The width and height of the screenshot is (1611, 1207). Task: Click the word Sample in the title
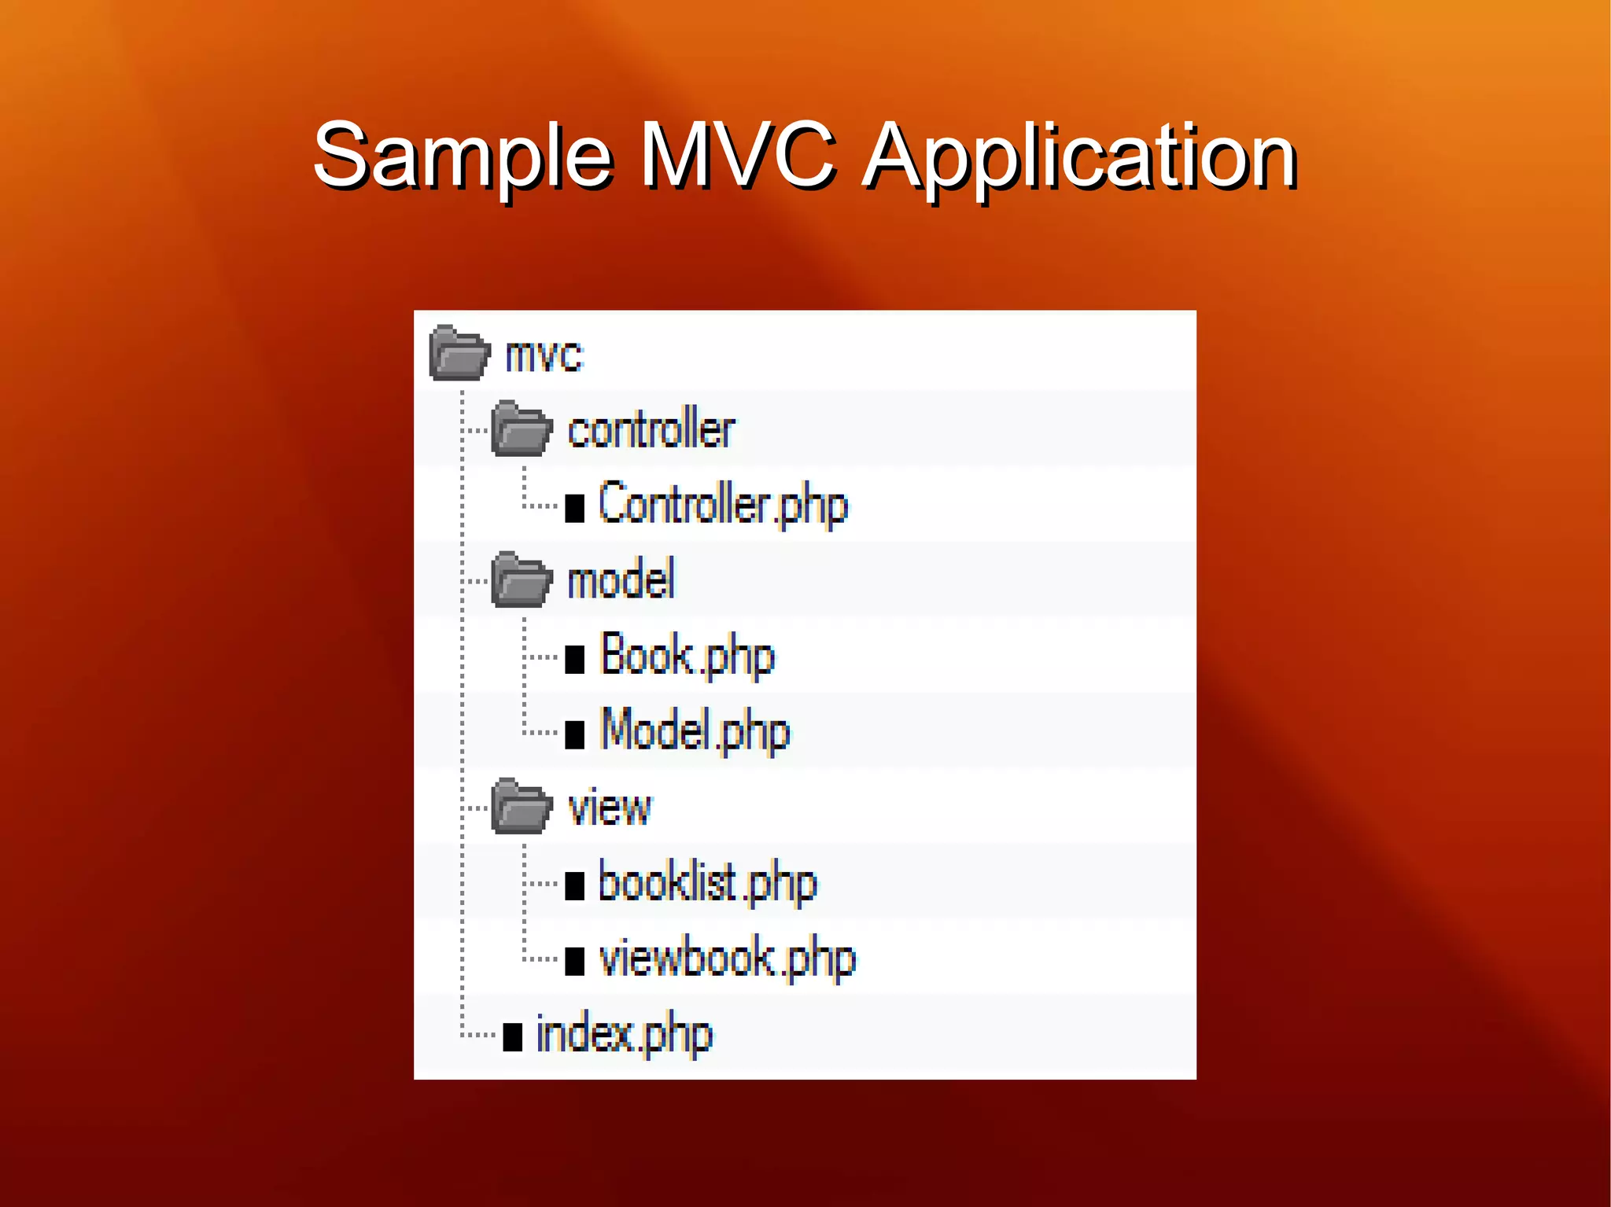[463, 157]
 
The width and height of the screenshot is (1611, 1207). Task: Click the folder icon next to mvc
[459, 353]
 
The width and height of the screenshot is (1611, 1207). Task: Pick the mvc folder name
[544, 355]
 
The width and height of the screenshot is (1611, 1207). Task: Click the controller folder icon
[521, 429]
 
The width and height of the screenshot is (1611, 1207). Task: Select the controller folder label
[651, 430]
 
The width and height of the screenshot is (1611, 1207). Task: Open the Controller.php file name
[723, 505]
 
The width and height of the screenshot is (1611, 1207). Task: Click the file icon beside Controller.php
[575, 508]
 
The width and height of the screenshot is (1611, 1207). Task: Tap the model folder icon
[521, 580]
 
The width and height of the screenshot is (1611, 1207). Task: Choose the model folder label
[621, 580]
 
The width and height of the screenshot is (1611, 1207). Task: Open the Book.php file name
[688, 655]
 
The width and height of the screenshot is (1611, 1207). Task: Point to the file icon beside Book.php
[575, 659]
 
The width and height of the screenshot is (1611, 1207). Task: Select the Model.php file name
[695, 731]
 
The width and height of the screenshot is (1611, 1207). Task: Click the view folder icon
[521, 807]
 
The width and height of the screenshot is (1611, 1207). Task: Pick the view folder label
[610, 808]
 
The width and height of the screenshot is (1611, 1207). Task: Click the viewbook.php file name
[727, 959]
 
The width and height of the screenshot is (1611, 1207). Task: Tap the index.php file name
[624, 1034]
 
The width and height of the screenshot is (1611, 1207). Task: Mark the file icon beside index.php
[513, 1037]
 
